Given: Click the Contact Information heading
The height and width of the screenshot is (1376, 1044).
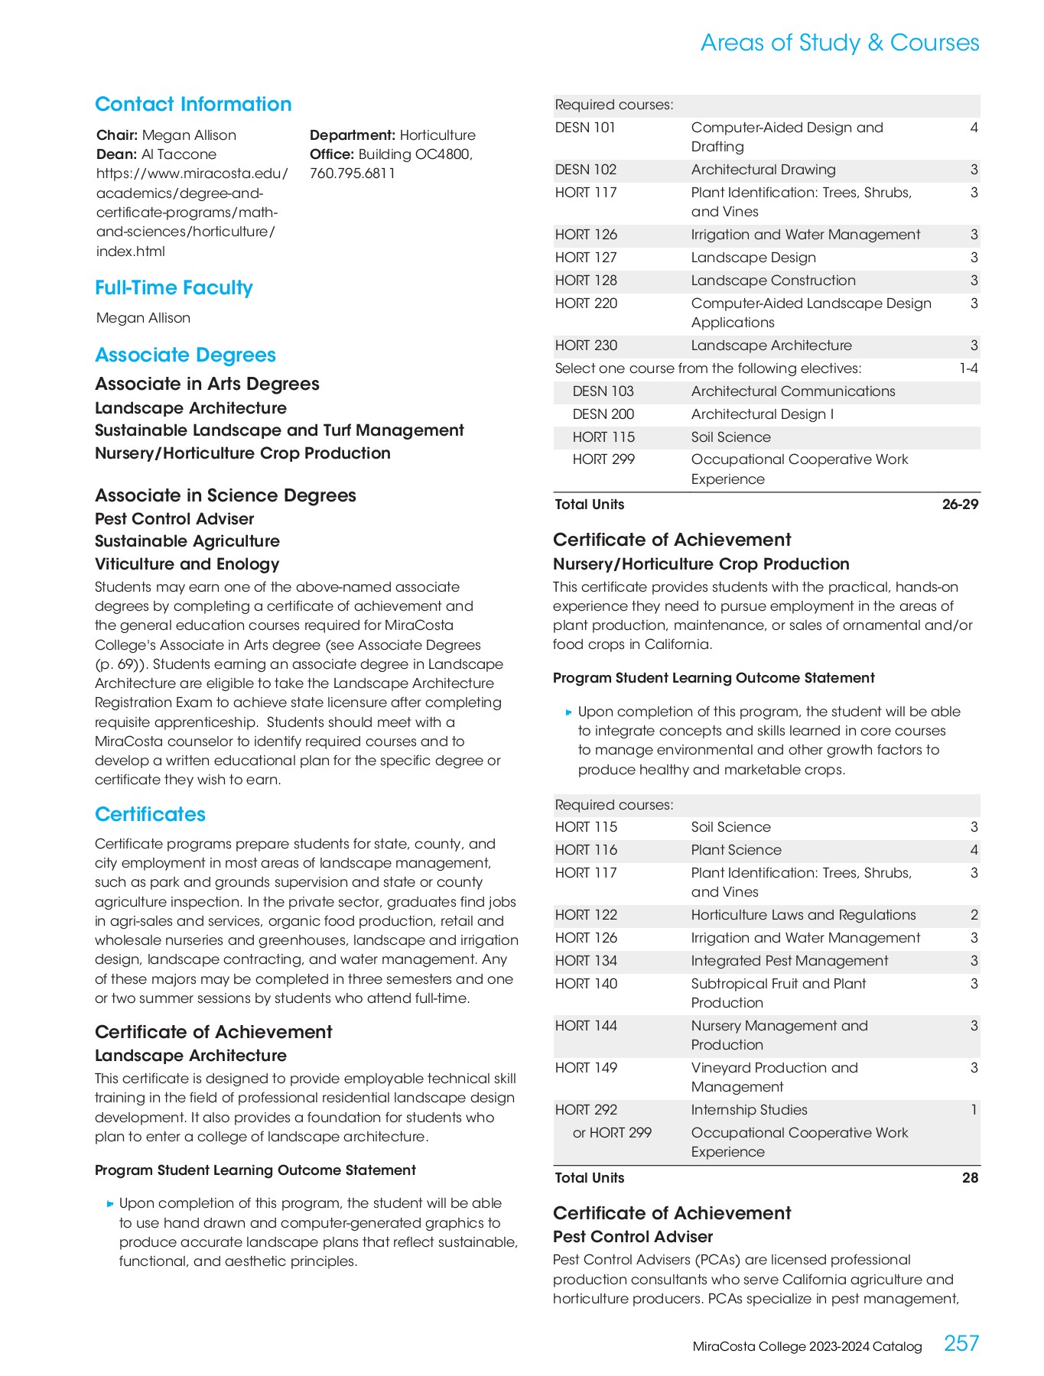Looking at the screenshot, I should point(193,104).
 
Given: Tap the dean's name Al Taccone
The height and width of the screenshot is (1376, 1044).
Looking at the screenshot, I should point(178,154).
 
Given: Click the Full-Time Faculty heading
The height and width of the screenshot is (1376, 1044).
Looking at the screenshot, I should point(174,287).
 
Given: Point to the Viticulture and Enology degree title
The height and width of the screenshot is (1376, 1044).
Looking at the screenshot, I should point(187,564).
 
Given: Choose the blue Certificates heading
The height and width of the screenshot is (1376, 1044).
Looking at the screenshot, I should point(150,814).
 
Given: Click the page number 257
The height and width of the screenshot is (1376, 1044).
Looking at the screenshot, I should point(961,1343).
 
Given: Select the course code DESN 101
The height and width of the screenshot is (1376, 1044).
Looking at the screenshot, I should point(585,128).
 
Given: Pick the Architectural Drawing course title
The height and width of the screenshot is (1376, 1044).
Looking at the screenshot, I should point(763,170).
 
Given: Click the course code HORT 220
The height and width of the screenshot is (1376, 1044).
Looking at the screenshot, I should point(586,303).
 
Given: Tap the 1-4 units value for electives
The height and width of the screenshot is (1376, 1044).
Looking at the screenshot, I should point(968,368).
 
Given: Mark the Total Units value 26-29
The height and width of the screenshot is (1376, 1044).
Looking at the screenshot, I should point(960,505).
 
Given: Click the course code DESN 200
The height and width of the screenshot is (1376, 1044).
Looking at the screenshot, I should point(603,414).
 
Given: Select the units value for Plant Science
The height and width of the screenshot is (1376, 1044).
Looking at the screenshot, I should point(974,850).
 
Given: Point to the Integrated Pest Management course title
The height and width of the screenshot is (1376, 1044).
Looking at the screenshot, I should point(789,961).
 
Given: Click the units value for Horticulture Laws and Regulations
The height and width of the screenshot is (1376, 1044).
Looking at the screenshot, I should point(974,915).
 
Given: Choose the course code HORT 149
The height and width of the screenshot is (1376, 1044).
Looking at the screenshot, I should point(586,1068).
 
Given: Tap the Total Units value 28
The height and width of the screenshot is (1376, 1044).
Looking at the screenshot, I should point(970,1178).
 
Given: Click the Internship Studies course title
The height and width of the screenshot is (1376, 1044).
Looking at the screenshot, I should point(749,1110).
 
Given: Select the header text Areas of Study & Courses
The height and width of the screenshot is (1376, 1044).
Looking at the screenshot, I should point(839,43).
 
